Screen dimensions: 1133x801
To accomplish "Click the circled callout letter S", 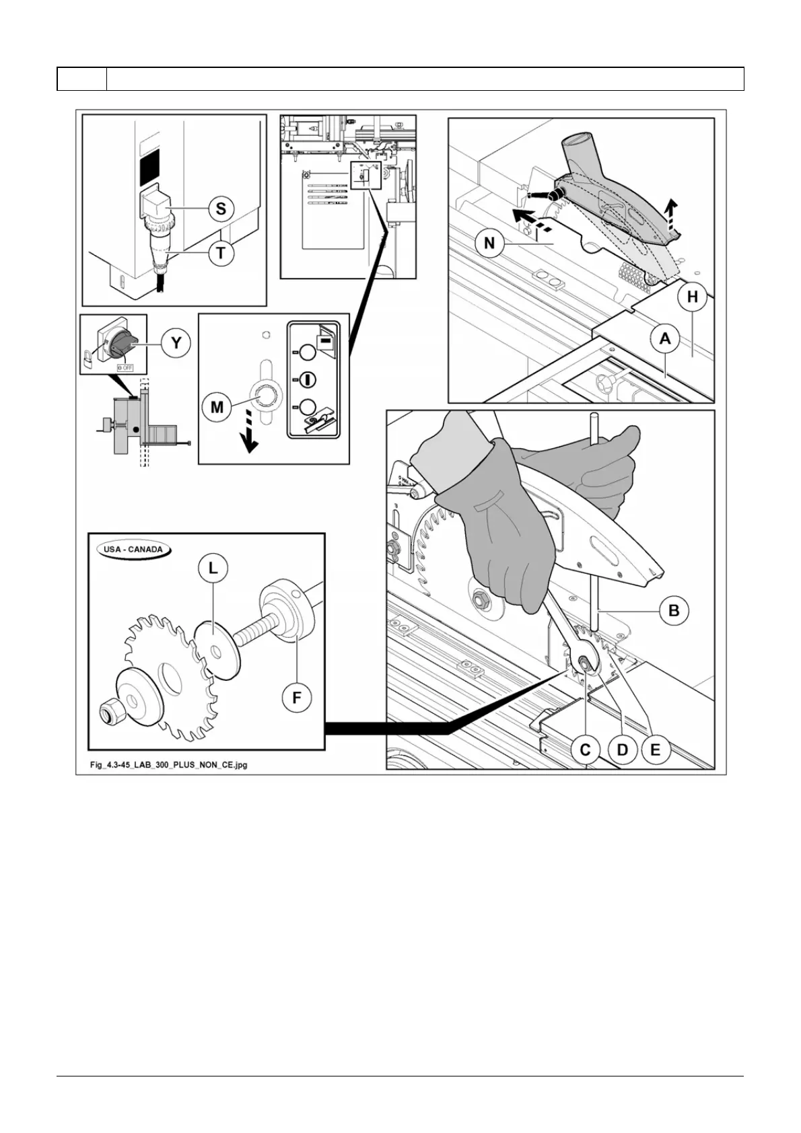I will (x=221, y=209).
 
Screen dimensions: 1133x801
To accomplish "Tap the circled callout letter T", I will (x=221, y=253).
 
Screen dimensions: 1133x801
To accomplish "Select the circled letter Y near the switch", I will (x=176, y=343).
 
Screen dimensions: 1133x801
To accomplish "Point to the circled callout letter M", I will (x=217, y=406).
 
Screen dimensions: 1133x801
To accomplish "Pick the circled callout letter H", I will (x=692, y=298).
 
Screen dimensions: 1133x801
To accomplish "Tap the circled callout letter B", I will (x=673, y=611).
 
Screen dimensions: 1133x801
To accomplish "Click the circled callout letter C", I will (x=585, y=750).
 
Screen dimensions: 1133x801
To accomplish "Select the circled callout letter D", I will (x=622, y=750).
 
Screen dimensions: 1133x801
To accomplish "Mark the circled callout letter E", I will (x=656, y=750).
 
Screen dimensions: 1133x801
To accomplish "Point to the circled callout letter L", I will (x=213, y=569).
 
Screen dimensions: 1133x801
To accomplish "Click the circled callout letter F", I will (x=296, y=698).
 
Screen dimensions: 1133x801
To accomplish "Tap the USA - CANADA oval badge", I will (x=133, y=549).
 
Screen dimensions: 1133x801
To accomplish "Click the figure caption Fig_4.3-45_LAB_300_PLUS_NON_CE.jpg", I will (x=169, y=765).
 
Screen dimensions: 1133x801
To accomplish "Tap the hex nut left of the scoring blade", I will (x=108, y=710).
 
